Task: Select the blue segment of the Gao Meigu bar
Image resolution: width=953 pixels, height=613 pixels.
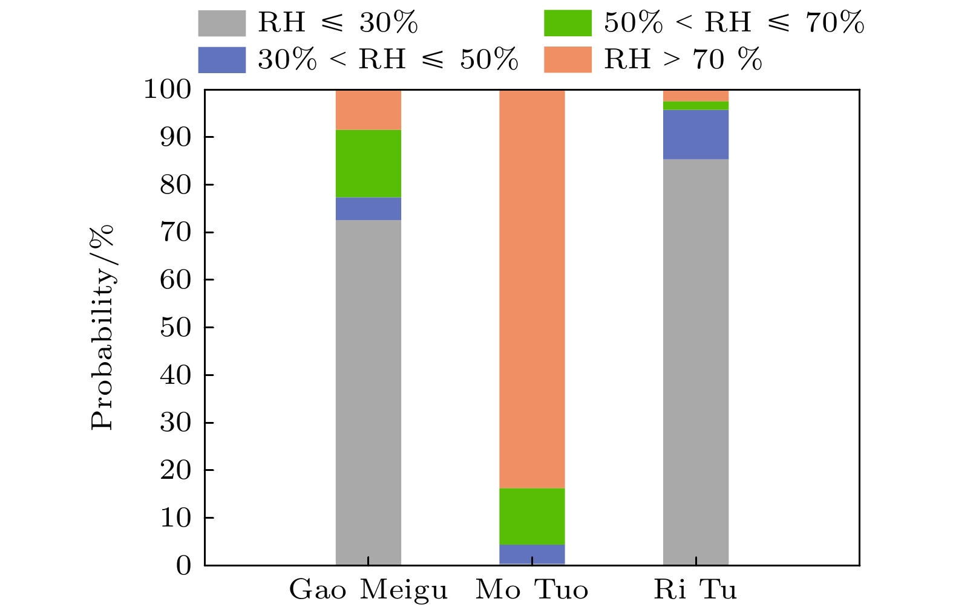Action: click(x=368, y=209)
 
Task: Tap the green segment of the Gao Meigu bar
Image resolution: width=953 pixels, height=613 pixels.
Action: click(x=368, y=163)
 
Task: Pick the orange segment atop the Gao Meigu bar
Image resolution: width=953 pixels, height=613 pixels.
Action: click(x=368, y=109)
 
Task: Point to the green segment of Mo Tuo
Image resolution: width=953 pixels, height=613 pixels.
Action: click(x=531, y=516)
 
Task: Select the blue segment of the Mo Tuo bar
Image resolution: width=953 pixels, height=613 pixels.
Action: click(x=531, y=554)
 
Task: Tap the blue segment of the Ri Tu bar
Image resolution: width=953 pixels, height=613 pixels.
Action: click(x=695, y=134)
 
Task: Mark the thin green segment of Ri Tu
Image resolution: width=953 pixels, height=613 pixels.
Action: click(x=695, y=106)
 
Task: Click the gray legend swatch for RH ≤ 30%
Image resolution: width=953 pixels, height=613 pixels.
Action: click(x=221, y=23)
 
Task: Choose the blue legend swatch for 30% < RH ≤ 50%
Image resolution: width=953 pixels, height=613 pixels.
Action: click(x=221, y=60)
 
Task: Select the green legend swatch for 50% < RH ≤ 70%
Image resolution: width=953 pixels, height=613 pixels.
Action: click(x=567, y=23)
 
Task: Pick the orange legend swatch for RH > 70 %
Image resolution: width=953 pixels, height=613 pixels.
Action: click(x=567, y=60)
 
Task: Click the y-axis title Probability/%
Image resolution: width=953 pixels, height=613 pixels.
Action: click(x=102, y=327)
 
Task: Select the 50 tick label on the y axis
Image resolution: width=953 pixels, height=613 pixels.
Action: click(x=175, y=327)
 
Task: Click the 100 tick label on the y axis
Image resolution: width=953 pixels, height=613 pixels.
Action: click(x=167, y=89)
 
